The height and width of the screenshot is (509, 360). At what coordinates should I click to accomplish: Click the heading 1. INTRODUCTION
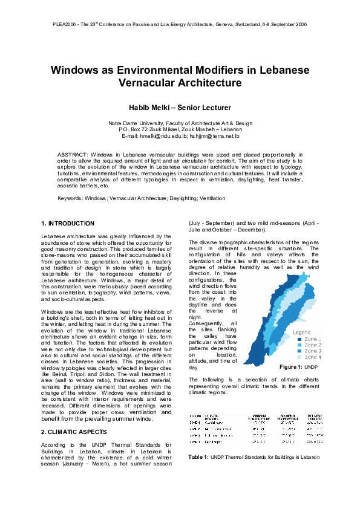[67, 224]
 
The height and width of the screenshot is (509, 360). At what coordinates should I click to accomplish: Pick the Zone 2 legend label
[312, 345]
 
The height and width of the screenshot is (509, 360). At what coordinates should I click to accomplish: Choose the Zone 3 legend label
[312, 351]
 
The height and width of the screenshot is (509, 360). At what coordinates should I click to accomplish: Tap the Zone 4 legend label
[312, 358]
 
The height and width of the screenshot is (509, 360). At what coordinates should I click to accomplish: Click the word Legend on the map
[302, 332]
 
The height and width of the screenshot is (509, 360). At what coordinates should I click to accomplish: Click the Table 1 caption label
[198, 456]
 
